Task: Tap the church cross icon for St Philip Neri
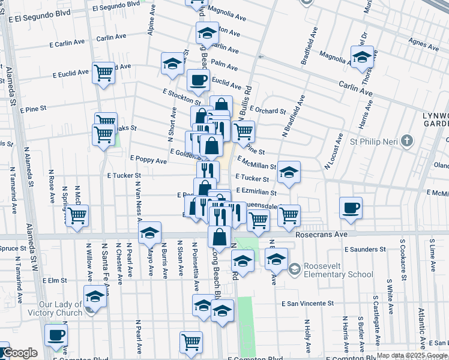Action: (x=408, y=142)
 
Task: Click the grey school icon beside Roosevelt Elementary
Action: (x=295, y=269)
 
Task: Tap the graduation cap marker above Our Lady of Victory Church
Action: (x=94, y=296)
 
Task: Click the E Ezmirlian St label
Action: (x=256, y=193)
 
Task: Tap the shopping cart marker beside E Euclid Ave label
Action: (x=103, y=73)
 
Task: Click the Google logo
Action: (x=19, y=353)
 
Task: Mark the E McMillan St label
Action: (x=256, y=164)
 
